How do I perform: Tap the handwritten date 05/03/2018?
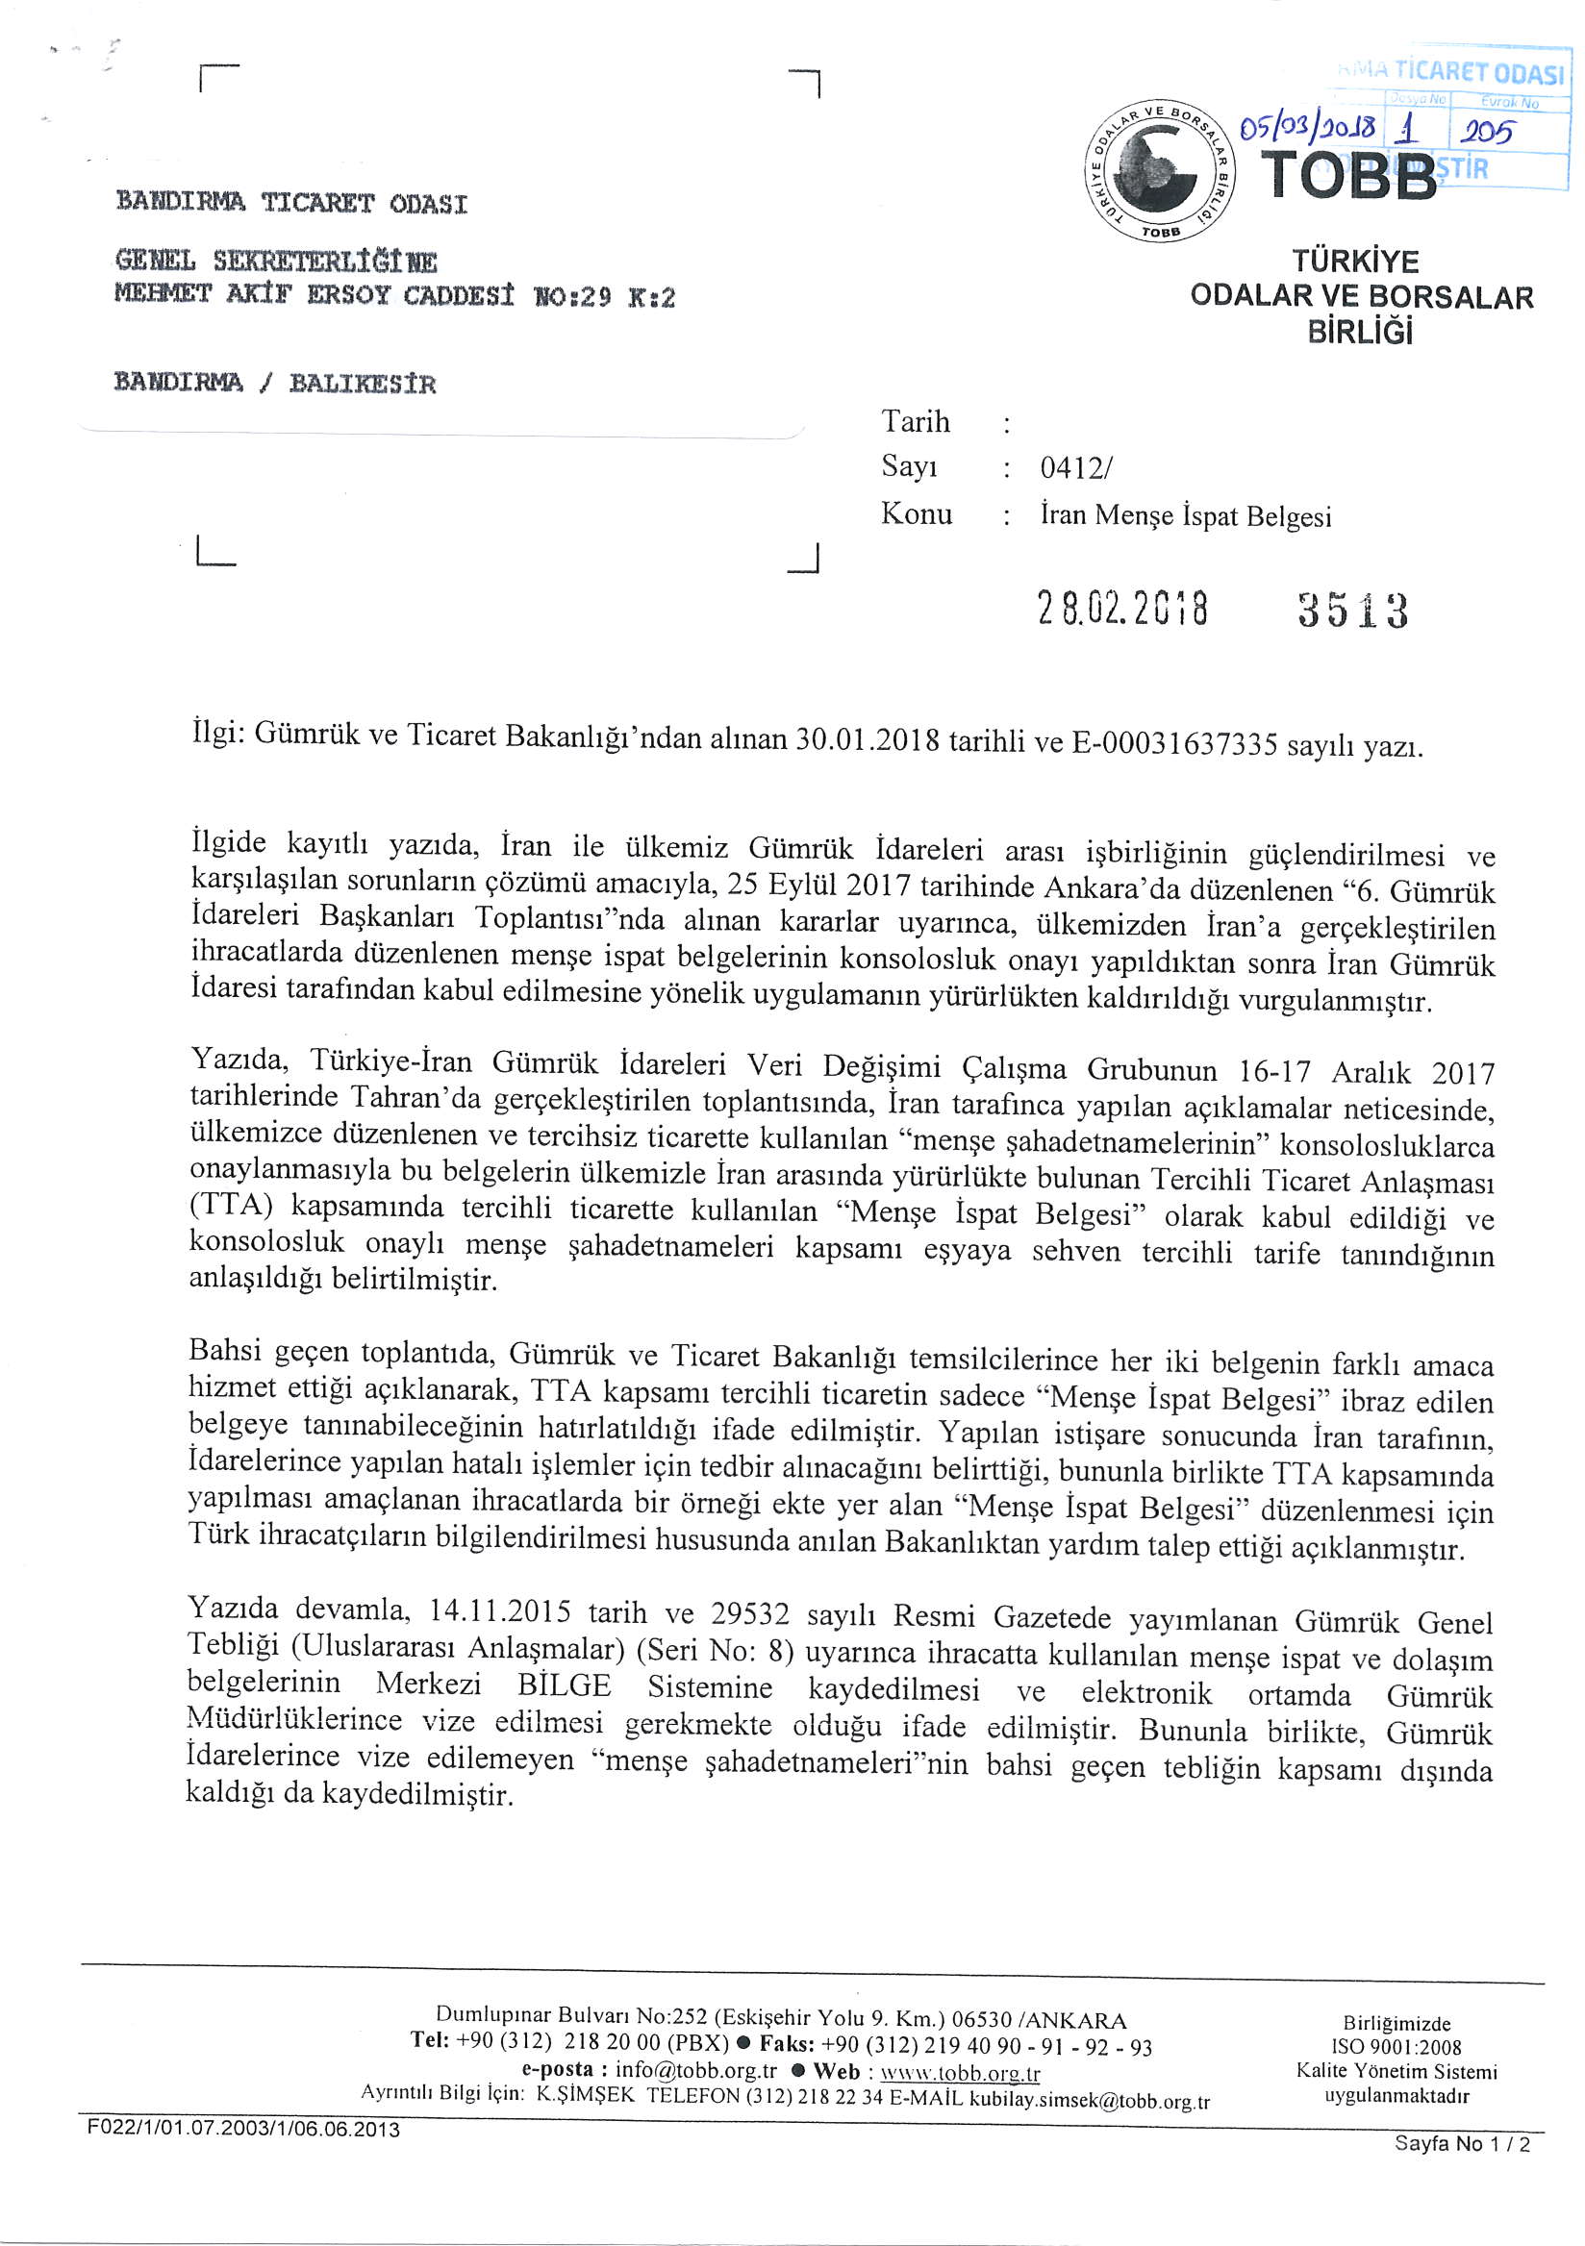tap(1308, 128)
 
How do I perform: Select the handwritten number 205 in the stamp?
tap(1486, 130)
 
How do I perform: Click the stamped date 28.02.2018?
tap(1122, 609)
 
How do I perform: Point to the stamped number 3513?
tap(1352, 611)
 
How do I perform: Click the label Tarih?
tap(915, 422)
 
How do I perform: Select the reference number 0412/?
tap(1075, 468)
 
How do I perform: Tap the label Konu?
tap(916, 513)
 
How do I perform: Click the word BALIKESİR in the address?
tap(362, 383)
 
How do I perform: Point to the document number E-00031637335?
tap(1174, 744)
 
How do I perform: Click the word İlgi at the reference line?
tap(216, 733)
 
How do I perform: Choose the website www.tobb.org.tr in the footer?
tap(960, 2073)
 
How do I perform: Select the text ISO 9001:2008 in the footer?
tap(1396, 2047)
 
